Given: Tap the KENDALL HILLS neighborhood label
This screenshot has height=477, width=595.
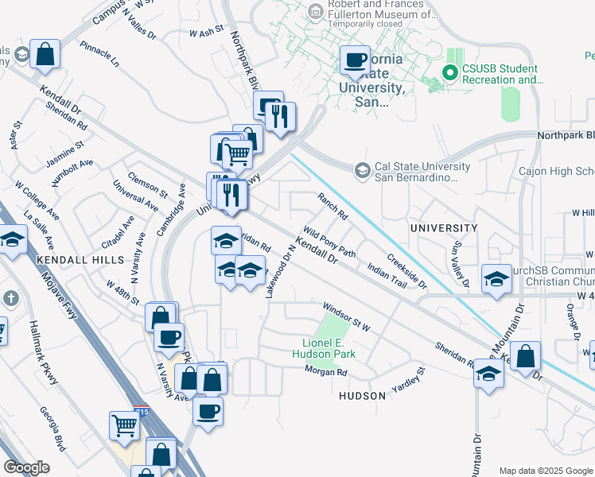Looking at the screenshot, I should (x=80, y=260).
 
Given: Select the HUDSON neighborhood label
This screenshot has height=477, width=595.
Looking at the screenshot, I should (x=362, y=395).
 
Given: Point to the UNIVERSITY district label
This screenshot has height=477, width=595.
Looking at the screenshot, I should (x=443, y=228).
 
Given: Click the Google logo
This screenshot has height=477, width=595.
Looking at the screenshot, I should (x=27, y=467).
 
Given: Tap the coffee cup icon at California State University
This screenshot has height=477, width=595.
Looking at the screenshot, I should (x=355, y=60).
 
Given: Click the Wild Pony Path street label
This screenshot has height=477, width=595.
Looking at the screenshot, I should (x=329, y=243).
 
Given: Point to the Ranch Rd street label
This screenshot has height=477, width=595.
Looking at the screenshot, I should (x=332, y=206).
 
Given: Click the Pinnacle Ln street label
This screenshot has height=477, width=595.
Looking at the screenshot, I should (x=99, y=54).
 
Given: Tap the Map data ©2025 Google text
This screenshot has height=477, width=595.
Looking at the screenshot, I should (x=546, y=471).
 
